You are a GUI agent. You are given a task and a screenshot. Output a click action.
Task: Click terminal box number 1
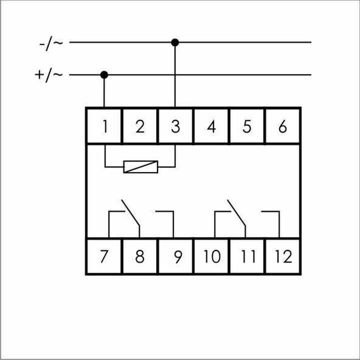tap(104, 126)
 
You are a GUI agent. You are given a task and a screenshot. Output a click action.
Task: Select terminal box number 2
tap(140, 126)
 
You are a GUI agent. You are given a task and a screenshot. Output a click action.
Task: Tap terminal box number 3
tap(175, 126)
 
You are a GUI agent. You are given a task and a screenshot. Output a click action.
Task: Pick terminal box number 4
tap(211, 126)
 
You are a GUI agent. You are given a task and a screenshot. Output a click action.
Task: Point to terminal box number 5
tap(246, 126)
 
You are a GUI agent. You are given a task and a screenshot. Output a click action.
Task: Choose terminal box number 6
tap(282, 126)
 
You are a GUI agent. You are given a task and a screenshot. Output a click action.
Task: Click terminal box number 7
tap(104, 256)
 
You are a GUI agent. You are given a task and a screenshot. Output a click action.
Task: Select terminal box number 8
tap(140, 256)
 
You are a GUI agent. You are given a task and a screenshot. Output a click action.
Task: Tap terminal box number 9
tap(175, 256)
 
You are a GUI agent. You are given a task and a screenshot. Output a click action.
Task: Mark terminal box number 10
tap(211, 256)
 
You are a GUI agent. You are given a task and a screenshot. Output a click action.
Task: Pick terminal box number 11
tap(247, 256)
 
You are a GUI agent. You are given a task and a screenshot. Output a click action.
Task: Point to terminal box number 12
tap(283, 256)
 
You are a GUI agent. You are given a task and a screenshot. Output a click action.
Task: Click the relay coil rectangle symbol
tap(140, 166)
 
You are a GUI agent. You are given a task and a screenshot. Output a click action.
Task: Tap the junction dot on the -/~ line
tap(174, 42)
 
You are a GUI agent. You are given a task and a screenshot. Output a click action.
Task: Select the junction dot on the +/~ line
tap(104, 75)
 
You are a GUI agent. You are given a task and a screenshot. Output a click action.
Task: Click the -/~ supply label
tap(51, 43)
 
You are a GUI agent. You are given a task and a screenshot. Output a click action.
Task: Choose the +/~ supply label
tap(49, 75)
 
